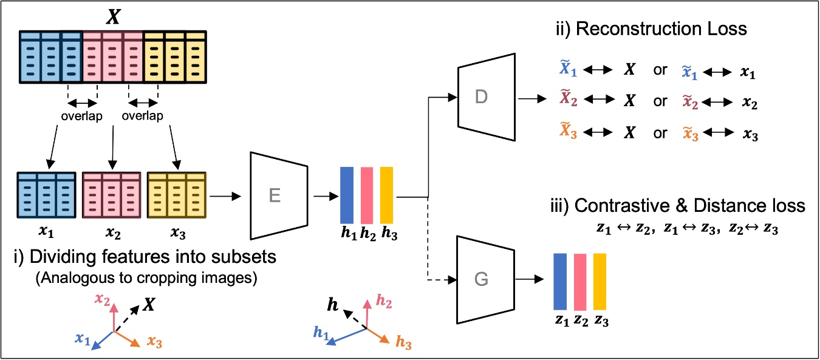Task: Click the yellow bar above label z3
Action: click(x=600, y=282)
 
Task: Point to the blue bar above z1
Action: click(x=560, y=282)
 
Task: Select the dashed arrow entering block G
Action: click(x=441, y=279)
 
